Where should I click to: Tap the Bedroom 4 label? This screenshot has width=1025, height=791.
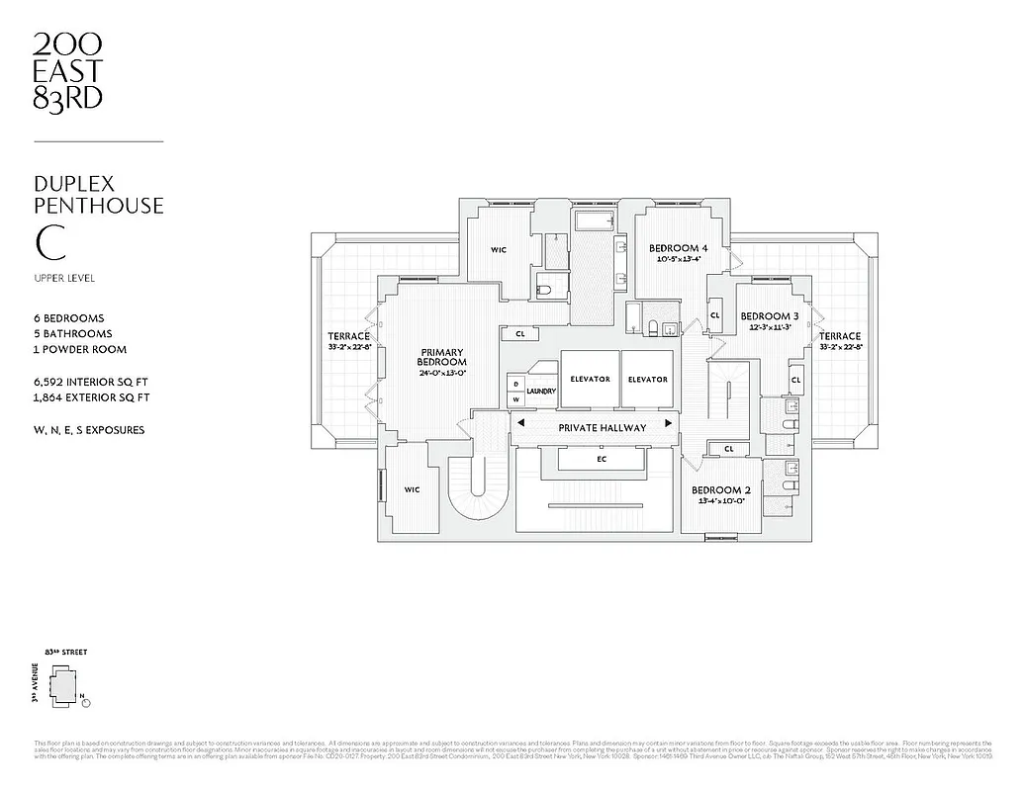[678, 248]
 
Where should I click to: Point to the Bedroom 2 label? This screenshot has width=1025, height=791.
[720, 490]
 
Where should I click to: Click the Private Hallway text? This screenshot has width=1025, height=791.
[602, 427]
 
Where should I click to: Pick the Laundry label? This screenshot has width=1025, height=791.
[541, 392]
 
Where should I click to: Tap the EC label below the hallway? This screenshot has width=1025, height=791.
[602, 459]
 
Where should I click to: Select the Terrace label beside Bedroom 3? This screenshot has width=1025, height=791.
[839, 336]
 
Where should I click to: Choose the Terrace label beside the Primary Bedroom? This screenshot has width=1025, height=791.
[347, 336]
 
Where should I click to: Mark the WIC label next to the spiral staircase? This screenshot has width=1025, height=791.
[412, 488]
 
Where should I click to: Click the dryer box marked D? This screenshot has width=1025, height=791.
[515, 384]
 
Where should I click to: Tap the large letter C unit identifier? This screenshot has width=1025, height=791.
[46, 242]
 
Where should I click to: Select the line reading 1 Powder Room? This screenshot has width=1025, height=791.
[80, 349]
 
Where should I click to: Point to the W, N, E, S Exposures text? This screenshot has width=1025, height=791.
[89, 430]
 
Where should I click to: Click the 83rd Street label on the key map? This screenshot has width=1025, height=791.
[60, 654]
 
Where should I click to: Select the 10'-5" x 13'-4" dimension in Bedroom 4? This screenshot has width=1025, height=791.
[678, 260]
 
